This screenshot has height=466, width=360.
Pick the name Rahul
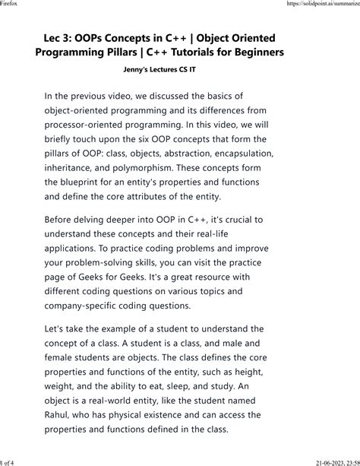[62, 415]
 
